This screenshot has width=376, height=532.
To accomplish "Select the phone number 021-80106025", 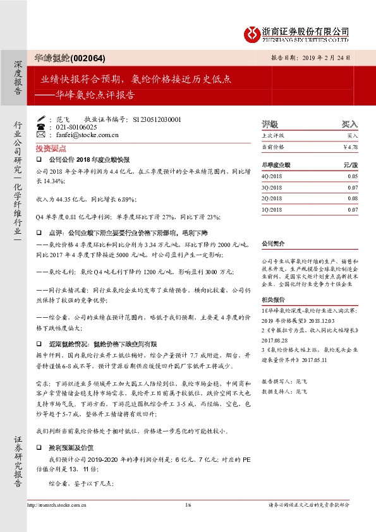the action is point(74,126).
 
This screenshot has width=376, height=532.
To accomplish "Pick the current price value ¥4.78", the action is point(350,147).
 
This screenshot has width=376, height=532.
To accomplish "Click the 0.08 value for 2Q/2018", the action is point(353,198).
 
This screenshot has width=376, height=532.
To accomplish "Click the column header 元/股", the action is point(351,164).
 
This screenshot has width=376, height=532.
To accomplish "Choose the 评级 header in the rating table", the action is point(270,124).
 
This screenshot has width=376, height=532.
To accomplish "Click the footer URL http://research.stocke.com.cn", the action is point(56,504).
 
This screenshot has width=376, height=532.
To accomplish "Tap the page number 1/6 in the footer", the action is point(188,504).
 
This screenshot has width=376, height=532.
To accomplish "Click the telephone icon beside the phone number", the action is point(42,126).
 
